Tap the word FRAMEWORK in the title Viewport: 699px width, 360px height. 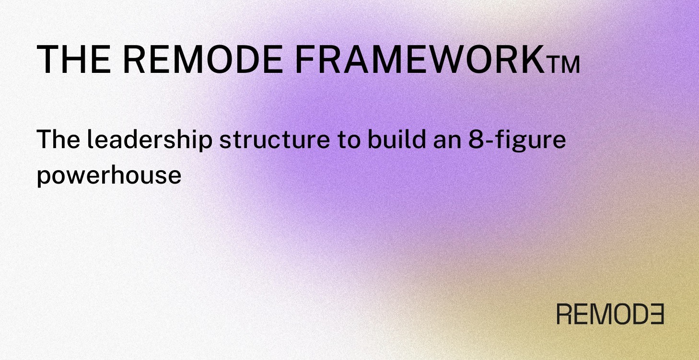(x=417, y=60)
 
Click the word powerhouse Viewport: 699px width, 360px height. (x=109, y=176)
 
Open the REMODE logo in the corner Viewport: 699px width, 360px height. (x=610, y=314)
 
